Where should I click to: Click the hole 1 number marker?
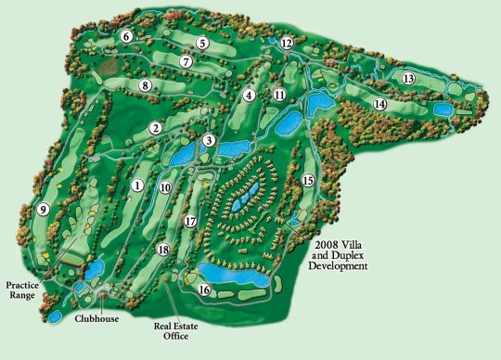(x=137, y=186)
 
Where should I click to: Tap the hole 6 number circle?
(x=126, y=37)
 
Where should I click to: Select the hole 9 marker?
(x=43, y=210)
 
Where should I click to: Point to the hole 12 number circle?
(x=287, y=43)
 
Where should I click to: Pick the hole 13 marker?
(x=408, y=79)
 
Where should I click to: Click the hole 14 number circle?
(x=379, y=104)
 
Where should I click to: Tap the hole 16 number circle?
(x=204, y=290)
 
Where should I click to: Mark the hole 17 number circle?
(x=190, y=222)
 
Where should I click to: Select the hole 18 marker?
(x=164, y=250)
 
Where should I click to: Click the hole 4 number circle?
(x=249, y=95)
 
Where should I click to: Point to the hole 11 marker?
(x=279, y=94)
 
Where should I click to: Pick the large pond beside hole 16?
(x=237, y=275)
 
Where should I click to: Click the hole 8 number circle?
(x=146, y=85)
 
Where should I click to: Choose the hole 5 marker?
(x=202, y=43)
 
